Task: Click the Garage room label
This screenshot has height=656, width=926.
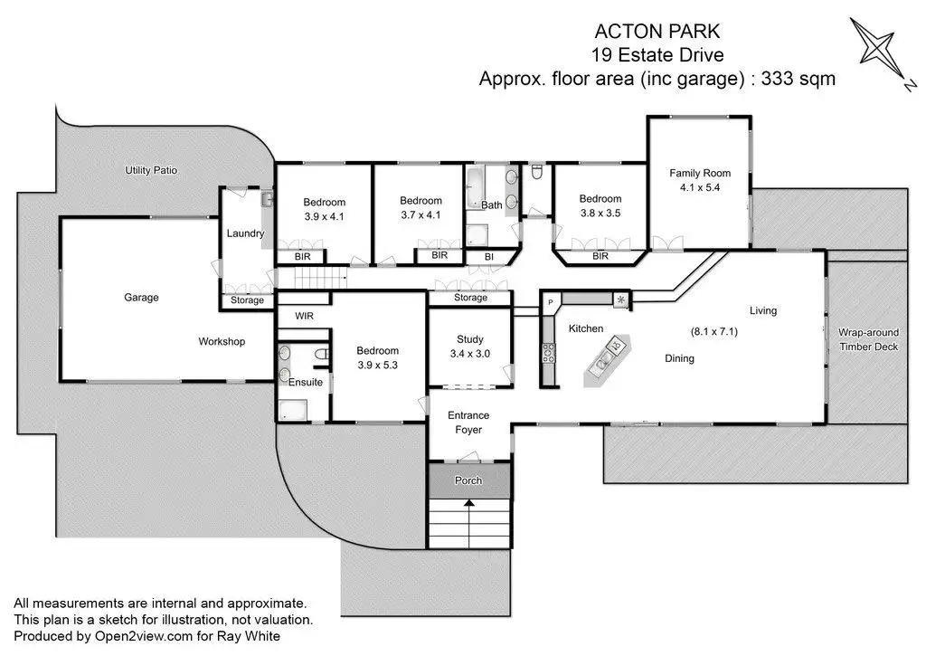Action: (141, 297)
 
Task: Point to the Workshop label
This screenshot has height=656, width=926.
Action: (222, 341)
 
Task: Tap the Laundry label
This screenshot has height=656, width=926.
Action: (244, 233)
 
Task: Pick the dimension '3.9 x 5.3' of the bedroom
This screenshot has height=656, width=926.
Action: (376, 366)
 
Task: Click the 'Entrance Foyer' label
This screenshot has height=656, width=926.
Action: (468, 423)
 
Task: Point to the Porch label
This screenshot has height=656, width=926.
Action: (468, 480)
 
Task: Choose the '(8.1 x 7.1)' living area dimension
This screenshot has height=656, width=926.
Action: (714, 331)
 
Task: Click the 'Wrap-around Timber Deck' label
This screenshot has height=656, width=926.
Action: (867, 339)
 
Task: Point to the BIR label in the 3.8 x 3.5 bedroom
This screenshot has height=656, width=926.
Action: (600, 256)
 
